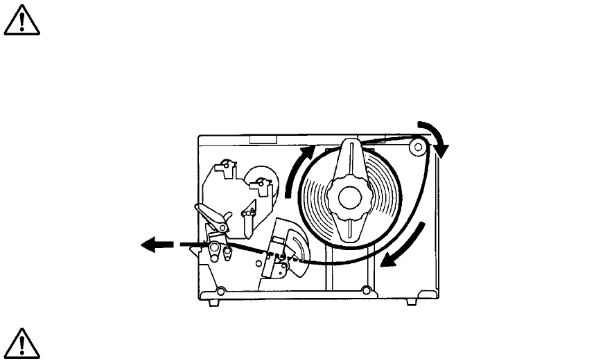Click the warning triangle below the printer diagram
pos(21,342)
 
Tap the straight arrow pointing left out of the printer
pos(157,244)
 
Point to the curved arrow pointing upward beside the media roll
pos(295,170)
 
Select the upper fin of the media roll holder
pos(349,159)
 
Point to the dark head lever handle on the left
pos(211,216)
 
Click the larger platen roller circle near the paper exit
pos(215,248)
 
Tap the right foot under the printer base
pos(411,301)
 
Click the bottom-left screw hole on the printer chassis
pos(220,290)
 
